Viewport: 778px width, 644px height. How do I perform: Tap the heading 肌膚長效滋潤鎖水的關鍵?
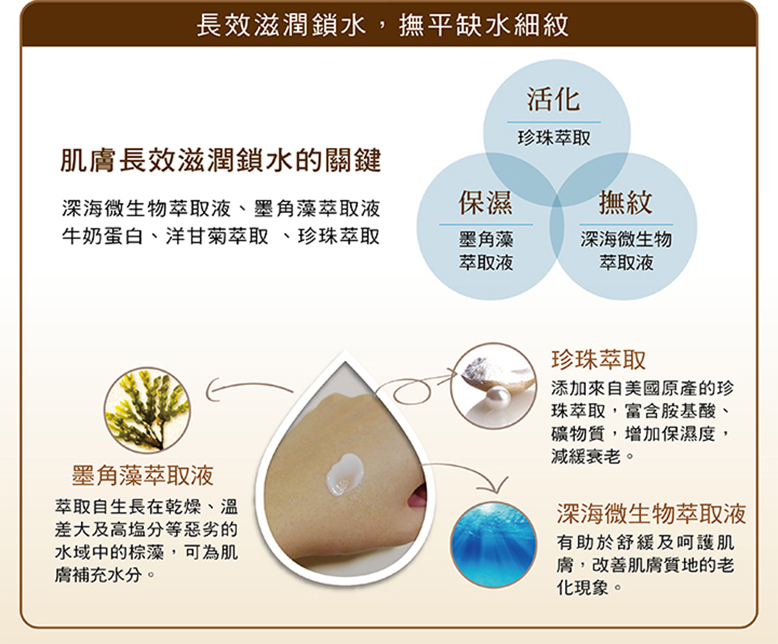pyautogui.click(x=220, y=160)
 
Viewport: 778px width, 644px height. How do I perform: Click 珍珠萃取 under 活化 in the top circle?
pyautogui.click(x=554, y=138)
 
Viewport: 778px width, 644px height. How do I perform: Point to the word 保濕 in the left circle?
pyautogui.click(x=485, y=202)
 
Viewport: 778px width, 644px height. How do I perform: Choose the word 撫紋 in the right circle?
pyautogui.click(x=626, y=202)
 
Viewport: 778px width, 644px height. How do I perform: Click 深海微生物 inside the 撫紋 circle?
pyautogui.click(x=626, y=239)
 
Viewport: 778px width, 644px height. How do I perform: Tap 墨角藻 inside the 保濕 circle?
pyautogui.click(x=485, y=239)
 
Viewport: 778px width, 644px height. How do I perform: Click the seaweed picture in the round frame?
pyautogui.click(x=147, y=410)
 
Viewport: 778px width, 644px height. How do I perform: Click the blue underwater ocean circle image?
pyautogui.click(x=494, y=544)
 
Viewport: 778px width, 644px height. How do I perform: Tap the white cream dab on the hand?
pyautogui.click(x=345, y=474)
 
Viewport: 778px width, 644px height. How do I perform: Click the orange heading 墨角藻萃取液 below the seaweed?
pyautogui.click(x=143, y=476)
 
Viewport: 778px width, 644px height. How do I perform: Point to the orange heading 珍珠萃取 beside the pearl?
pyautogui.click(x=598, y=359)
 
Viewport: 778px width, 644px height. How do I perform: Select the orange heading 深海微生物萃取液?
pyautogui.click(x=651, y=513)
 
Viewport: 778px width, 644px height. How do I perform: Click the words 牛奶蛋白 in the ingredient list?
pyautogui.click(x=102, y=236)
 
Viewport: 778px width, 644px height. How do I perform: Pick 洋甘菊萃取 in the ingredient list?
pyautogui.click(x=217, y=236)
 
